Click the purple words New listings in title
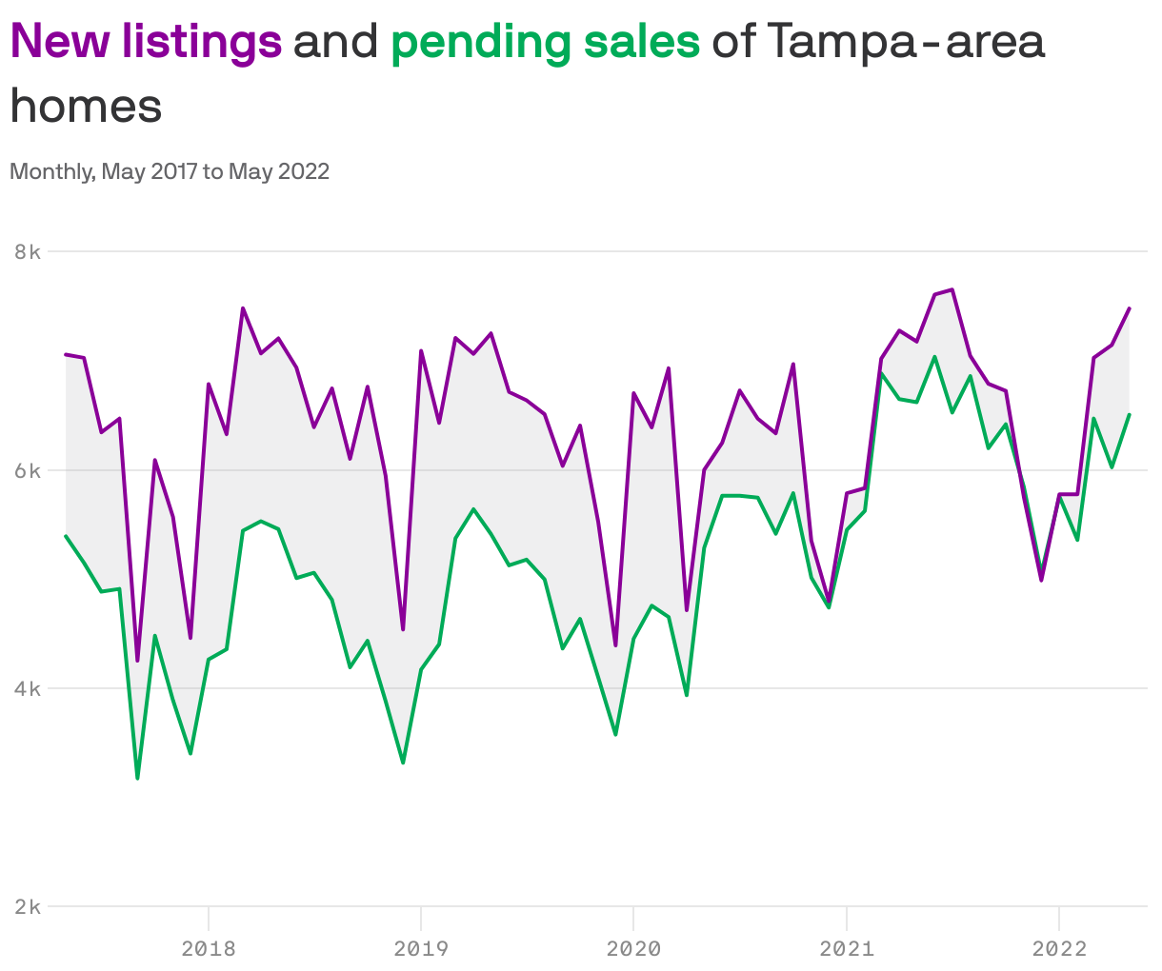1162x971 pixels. click(x=146, y=42)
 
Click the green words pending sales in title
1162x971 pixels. click(x=545, y=42)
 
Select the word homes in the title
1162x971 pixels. click(x=86, y=107)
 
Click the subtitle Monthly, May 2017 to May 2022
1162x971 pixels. click(x=170, y=171)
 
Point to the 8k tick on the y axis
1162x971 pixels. click(x=28, y=252)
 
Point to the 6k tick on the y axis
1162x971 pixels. click(x=28, y=470)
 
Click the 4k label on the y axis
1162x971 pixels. click(x=28, y=688)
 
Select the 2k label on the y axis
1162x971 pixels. click(x=28, y=906)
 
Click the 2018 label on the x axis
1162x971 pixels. click(x=209, y=948)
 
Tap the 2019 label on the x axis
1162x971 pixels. click(x=421, y=948)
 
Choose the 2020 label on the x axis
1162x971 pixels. click(x=633, y=948)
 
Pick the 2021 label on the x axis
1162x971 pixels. click(x=847, y=948)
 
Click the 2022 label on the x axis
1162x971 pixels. click(x=1059, y=948)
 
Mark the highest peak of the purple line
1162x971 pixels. click(x=952, y=289)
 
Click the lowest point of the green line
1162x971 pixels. click(x=137, y=779)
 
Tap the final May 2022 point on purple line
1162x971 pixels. click(x=1130, y=307)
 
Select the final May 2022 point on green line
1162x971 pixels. click(x=1130, y=414)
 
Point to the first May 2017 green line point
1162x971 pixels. click(x=66, y=536)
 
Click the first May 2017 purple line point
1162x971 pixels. click(x=66, y=354)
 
